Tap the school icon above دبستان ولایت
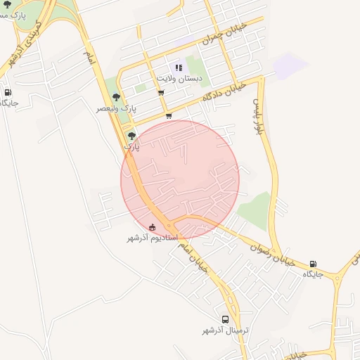click(179, 68)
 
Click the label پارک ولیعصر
click(114, 109)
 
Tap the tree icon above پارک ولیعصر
click(116, 98)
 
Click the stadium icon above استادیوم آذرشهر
click(153, 226)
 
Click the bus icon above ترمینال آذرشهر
click(225, 319)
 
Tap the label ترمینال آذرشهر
click(226, 330)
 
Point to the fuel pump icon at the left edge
click(8, 92)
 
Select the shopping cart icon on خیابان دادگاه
click(168, 116)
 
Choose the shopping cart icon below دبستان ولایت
click(161, 93)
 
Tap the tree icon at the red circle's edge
click(131, 136)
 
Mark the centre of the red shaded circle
click(180, 179)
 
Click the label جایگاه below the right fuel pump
click(313, 274)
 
